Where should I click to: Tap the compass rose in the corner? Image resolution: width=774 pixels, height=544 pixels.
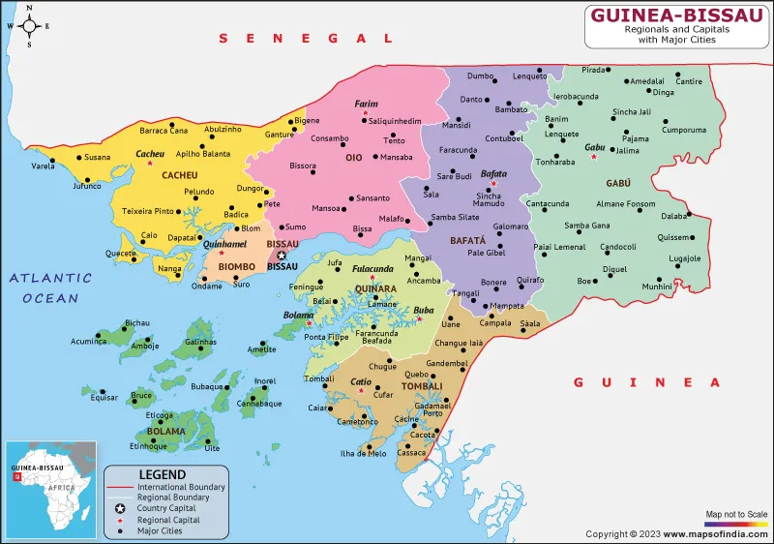[x=29, y=26]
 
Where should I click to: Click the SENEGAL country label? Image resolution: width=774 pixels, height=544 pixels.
[x=306, y=38]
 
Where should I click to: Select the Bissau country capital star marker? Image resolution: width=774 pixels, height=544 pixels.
[x=282, y=257]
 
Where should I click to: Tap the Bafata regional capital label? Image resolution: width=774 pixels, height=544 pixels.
[x=493, y=172]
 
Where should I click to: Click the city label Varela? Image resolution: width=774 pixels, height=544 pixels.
[x=43, y=166]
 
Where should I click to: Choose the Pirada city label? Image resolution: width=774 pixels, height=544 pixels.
[x=593, y=70]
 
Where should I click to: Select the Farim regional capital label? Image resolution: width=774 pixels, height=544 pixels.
[x=366, y=104]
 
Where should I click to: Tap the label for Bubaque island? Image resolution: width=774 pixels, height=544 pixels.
[x=207, y=386]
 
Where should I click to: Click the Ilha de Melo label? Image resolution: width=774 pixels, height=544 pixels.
[x=364, y=454]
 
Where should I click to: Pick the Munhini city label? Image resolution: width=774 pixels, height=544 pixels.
[x=657, y=287]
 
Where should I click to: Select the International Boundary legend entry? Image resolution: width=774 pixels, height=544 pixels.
[x=182, y=486]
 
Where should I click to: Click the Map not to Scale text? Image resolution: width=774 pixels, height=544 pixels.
[x=736, y=513]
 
